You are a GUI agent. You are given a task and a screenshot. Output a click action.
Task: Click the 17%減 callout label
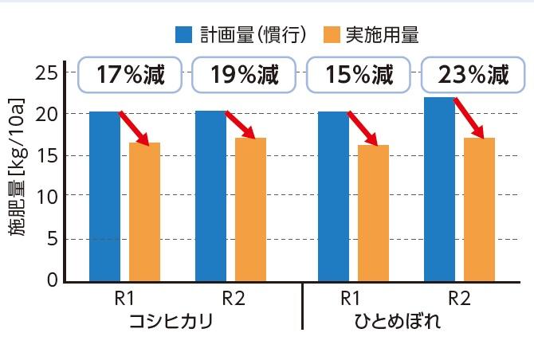click(x=130, y=76)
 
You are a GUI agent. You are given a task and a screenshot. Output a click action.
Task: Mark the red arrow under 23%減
click(x=469, y=116)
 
